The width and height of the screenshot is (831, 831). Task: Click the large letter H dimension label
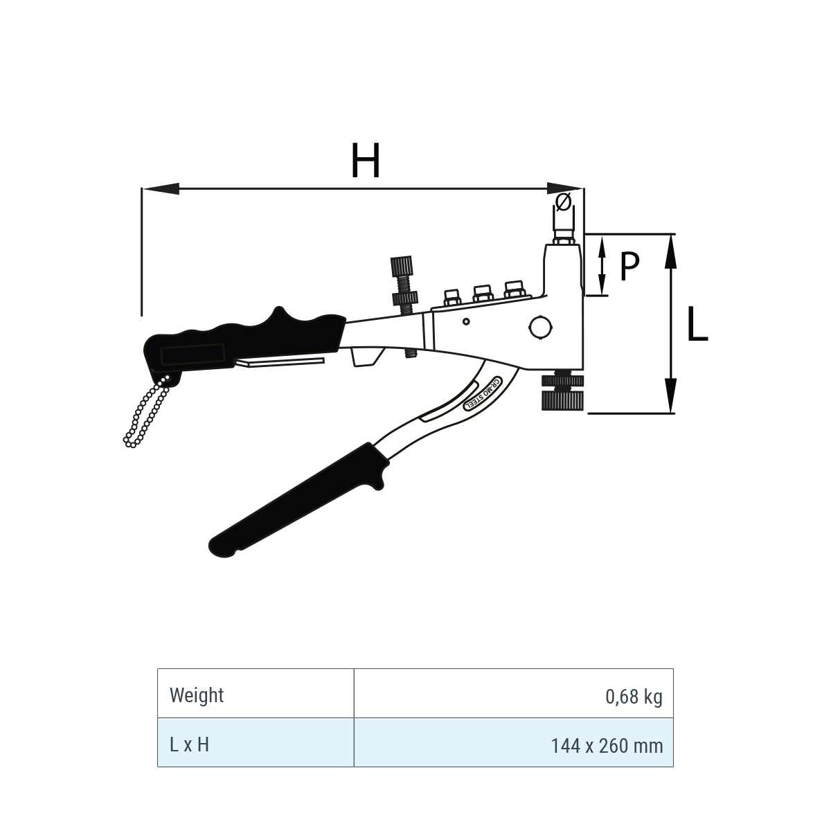click(365, 160)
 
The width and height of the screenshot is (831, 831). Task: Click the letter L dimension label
click(697, 323)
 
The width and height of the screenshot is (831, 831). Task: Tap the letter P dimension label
click(629, 265)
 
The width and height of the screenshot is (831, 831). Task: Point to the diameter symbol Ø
click(563, 202)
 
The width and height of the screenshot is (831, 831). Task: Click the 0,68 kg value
click(634, 697)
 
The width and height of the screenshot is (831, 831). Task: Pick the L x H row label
click(189, 744)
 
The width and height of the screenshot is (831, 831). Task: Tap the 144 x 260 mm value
click(607, 746)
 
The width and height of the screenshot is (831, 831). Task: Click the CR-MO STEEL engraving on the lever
click(483, 394)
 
